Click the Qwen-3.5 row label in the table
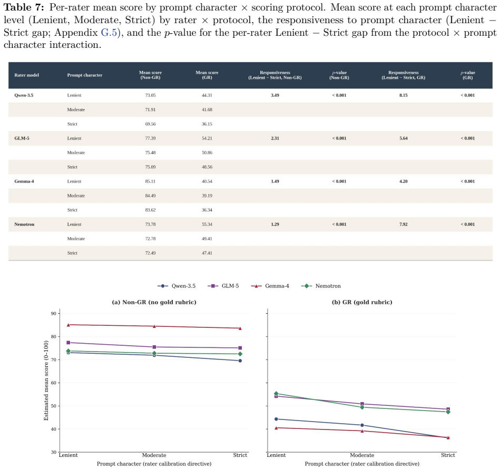pos(24,95)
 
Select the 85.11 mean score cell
pos(150,181)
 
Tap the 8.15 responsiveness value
pos(404,95)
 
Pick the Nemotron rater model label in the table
pos(24,224)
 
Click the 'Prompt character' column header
pos(85,75)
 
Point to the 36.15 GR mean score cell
pos(207,124)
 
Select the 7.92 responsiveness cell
pos(404,224)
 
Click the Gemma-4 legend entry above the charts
pos(270,286)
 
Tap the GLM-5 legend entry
pos(223,286)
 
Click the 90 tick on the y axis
pos(54,314)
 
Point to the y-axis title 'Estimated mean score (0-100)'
pos(46,381)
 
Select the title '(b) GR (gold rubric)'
pos(362,302)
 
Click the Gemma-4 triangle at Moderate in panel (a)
pos(154,326)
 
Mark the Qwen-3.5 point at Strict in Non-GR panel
pos(240,361)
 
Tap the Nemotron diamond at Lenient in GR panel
pos(276,394)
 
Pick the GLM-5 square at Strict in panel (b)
pos(448,409)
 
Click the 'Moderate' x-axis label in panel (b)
pos(362,455)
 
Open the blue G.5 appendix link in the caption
pos(109,33)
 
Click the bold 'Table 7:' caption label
pos(24,7)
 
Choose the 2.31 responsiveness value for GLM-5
pos(275,138)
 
